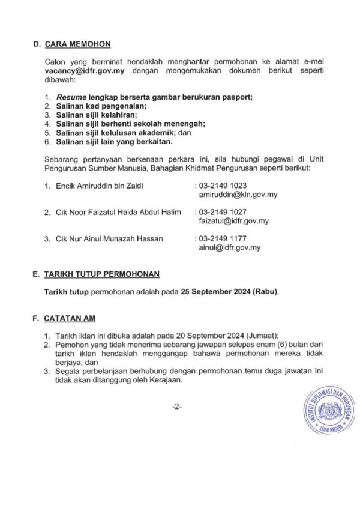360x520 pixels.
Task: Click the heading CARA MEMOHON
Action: (x=77, y=44)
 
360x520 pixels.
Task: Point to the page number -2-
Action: (x=176, y=407)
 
